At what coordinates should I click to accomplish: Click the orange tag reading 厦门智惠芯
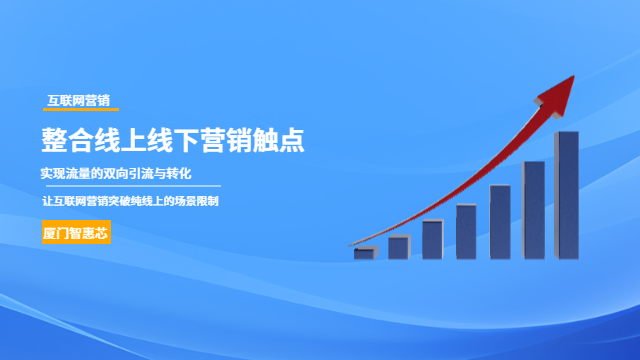click(x=76, y=233)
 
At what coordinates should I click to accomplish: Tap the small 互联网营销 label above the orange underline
click(x=79, y=100)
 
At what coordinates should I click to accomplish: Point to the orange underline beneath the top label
click(x=82, y=109)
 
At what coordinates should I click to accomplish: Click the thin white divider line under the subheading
click(x=130, y=187)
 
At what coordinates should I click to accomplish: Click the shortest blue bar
click(x=364, y=252)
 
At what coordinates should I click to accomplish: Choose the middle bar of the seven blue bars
click(x=466, y=230)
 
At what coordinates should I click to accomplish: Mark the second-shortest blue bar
click(x=398, y=246)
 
